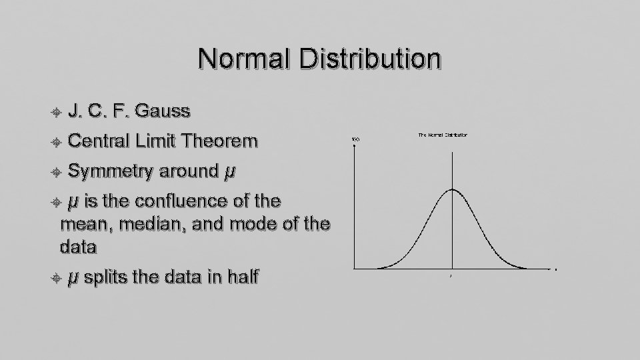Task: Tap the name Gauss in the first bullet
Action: pyautogui.click(x=161, y=111)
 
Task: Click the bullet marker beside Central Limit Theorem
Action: pyautogui.click(x=57, y=142)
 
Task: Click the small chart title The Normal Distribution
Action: pyautogui.click(x=443, y=135)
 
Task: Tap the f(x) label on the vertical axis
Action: pyautogui.click(x=355, y=139)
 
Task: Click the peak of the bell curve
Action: pyautogui.click(x=452, y=190)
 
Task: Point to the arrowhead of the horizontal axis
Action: pyautogui.click(x=555, y=269)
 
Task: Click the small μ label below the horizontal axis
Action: pyautogui.click(x=452, y=275)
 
